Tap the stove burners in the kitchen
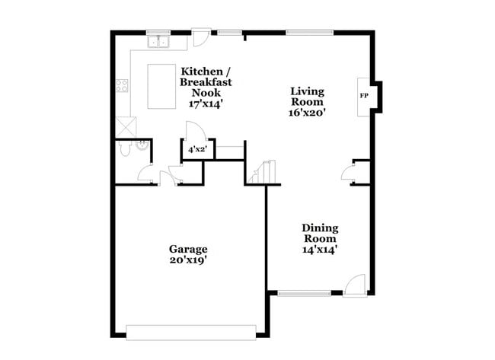pyautogui.click(x=121, y=86)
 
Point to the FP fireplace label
pyautogui.click(x=364, y=96)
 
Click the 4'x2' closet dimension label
pyautogui.click(x=197, y=151)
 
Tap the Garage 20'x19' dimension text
pyautogui.click(x=188, y=260)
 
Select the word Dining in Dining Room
pyautogui.click(x=320, y=228)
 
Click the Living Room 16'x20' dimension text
pyautogui.click(x=308, y=112)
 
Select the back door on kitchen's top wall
pyautogui.click(x=200, y=36)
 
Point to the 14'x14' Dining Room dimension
pyautogui.click(x=320, y=249)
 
